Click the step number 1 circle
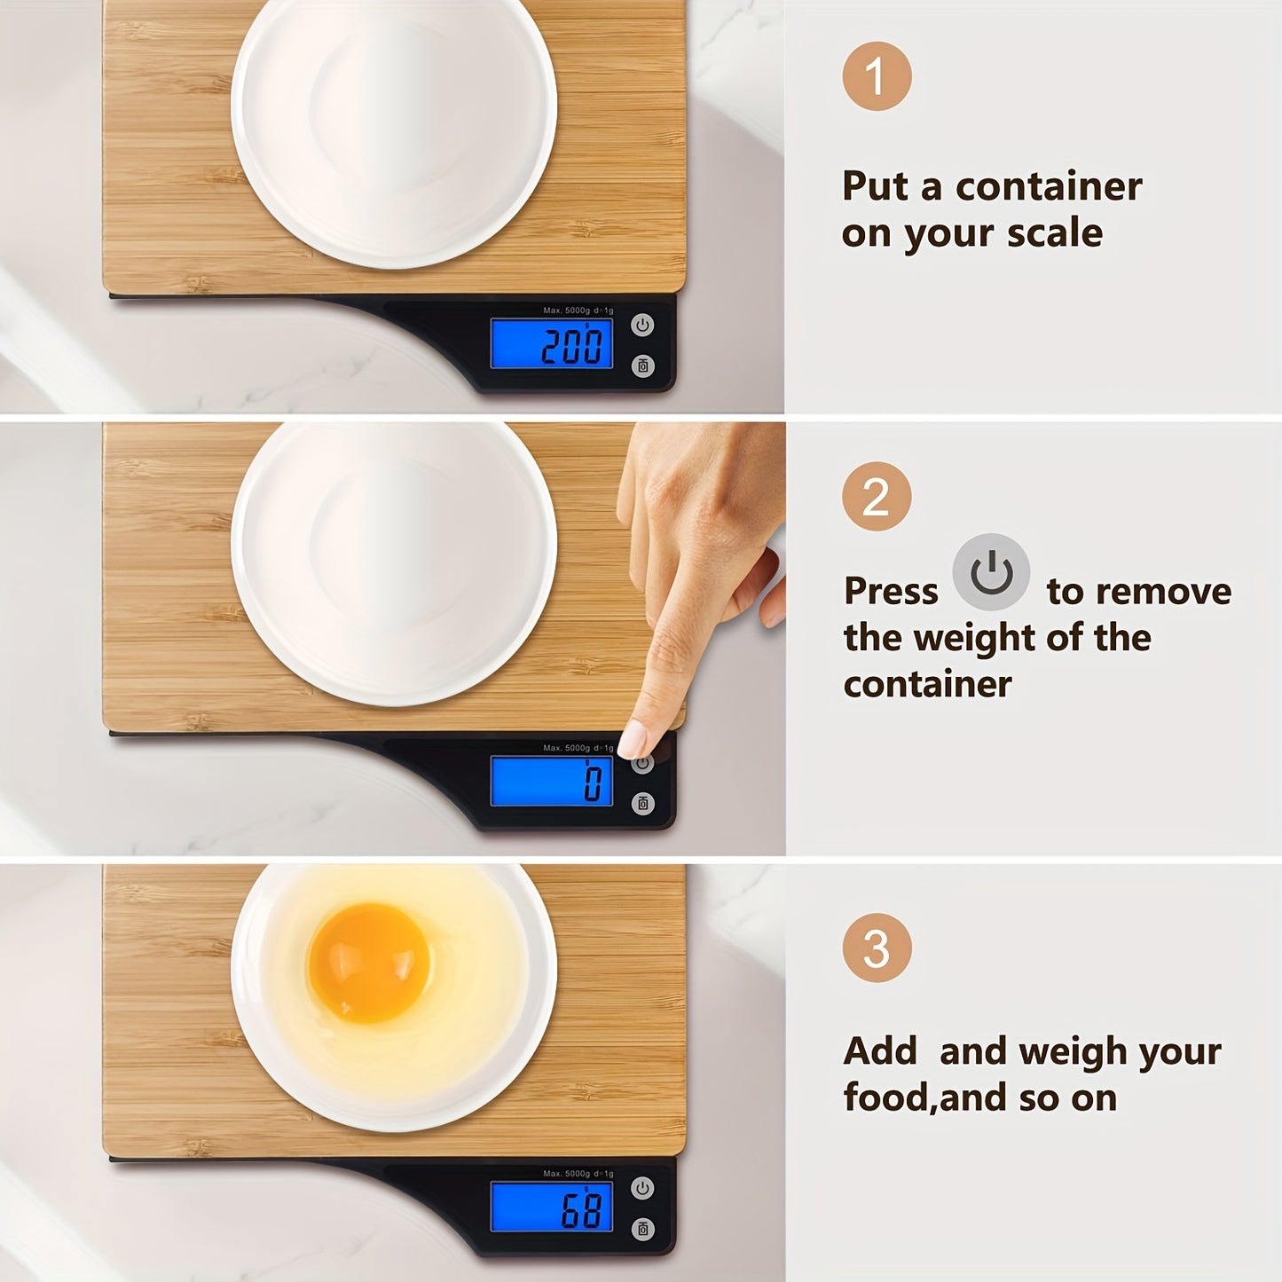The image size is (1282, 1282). [877, 76]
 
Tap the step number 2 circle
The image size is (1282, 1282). [877, 497]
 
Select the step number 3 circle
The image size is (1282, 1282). [877, 948]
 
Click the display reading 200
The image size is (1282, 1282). [552, 343]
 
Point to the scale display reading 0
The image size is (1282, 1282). [552, 782]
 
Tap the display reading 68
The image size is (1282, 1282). [552, 1207]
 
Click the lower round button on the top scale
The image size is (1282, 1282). [643, 366]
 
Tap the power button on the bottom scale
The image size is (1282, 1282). [643, 1188]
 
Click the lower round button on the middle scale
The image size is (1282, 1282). [643, 804]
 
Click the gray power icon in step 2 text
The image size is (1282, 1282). [991, 573]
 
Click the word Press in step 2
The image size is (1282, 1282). [891, 591]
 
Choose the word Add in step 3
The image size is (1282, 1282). [879, 1051]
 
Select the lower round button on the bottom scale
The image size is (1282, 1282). [643, 1229]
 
